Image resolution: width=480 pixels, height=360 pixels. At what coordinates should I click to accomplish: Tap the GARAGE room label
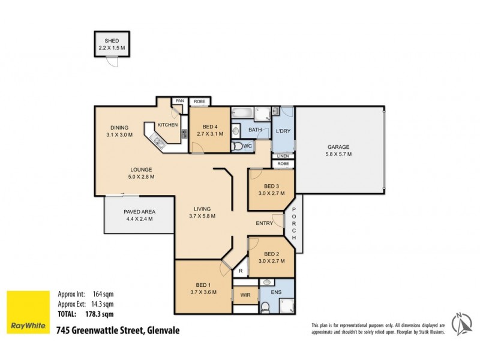(x=338, y=147)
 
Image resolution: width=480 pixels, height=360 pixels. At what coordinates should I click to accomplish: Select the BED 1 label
(x=203, y=285)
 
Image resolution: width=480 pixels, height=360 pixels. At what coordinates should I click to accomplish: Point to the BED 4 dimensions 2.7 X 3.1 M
(x=209, y=134)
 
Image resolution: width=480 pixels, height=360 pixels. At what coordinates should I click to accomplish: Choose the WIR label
(x=245, y=295)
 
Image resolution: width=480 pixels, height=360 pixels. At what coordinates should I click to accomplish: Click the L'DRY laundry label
(x=283, y=131)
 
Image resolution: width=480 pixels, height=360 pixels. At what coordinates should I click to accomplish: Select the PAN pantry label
(x=179, y=101)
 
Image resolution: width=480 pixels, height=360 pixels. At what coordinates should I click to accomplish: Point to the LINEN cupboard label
(x=283, y=156)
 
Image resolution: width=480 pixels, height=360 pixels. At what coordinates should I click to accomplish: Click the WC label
(x=247, y=146)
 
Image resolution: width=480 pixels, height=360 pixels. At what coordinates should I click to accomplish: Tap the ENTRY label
(x=264, y=223)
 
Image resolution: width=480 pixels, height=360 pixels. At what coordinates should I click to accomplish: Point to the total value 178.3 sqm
(x=99, y=313)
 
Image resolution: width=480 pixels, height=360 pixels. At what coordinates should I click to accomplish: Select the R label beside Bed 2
(x=240, y=271)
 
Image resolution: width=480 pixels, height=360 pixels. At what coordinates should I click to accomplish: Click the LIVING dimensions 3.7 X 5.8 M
(x=202, y=216)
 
